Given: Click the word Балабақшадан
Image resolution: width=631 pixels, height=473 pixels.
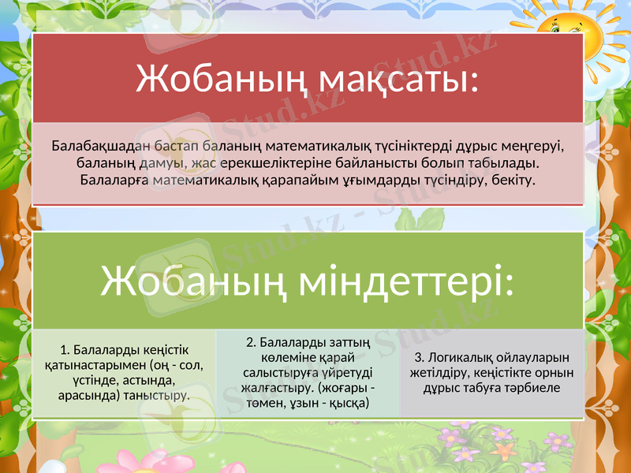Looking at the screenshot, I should [95, 146].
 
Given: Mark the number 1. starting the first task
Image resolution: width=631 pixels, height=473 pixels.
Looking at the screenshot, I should [65, 350].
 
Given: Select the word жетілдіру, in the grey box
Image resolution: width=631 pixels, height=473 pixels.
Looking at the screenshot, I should [443, 373].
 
